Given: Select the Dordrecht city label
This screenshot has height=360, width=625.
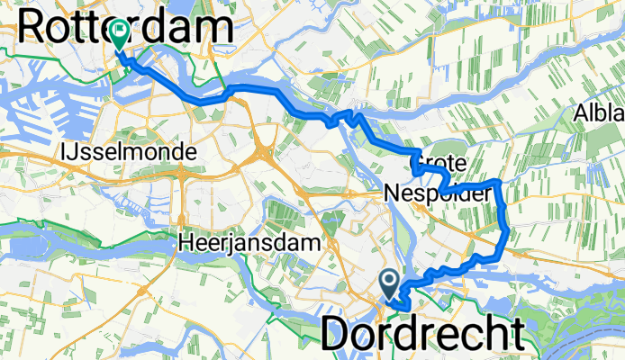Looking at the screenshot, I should point(422,335).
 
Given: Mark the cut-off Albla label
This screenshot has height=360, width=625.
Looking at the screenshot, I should point(599,113).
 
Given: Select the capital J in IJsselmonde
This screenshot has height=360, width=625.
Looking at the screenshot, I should point(73,153).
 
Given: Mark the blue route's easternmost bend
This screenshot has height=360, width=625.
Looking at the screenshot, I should point(509,232).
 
